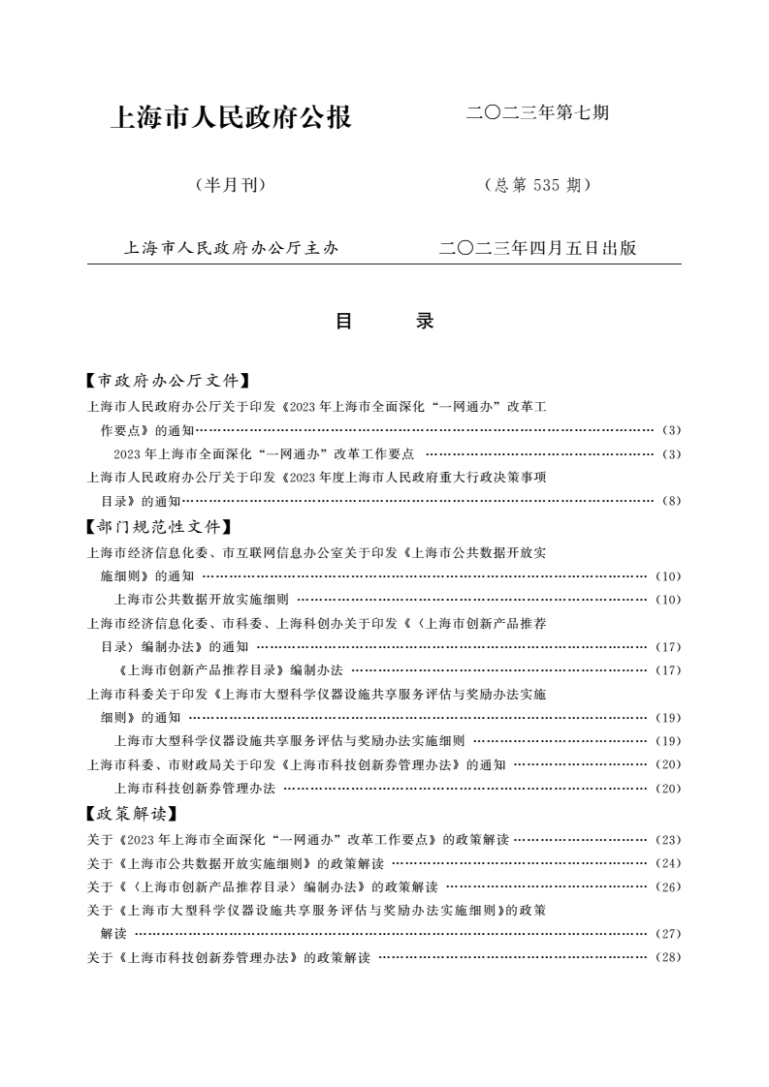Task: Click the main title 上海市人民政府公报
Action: pos(232,118)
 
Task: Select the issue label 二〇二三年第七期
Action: pos(537,113)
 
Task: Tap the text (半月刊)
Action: pos(231,185)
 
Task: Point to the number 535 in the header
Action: pos(547,185)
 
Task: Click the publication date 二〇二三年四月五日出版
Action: pos(537,248)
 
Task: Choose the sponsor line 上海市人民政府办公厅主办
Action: pos(232,248)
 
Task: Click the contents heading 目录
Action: pos(384,322)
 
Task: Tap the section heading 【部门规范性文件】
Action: pos(159,527)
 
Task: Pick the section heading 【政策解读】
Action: pos(132,814)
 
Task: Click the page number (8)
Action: pos(672,501)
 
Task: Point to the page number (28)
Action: pos(668,958)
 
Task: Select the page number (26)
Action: pos(668,887)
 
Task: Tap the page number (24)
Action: pos(668,863)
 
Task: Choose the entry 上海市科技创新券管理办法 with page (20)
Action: pos(195,789)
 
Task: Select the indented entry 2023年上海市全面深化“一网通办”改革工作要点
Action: pos(264,453)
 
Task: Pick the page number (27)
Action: pos(668,935)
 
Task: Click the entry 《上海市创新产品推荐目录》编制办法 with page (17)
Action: pos(228,670)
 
